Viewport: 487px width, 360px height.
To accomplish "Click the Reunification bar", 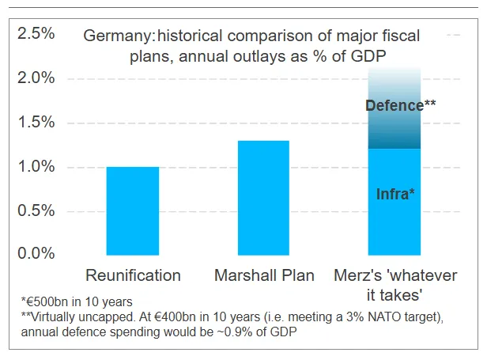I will pyautogui.click(x=133, y=210).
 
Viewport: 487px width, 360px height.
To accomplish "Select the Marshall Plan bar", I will pyautogui.click(x=263, y=198).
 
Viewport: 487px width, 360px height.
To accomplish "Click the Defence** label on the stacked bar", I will pyautogui.click(x=401, y=104).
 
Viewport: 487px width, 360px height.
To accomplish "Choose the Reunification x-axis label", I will pyautogui.click(x=133, y=276).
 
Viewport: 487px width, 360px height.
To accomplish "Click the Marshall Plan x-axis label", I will pyautogui.click(x=264, y=276).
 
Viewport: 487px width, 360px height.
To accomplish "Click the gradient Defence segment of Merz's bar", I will pyautogui.click(x=395, y=127).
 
